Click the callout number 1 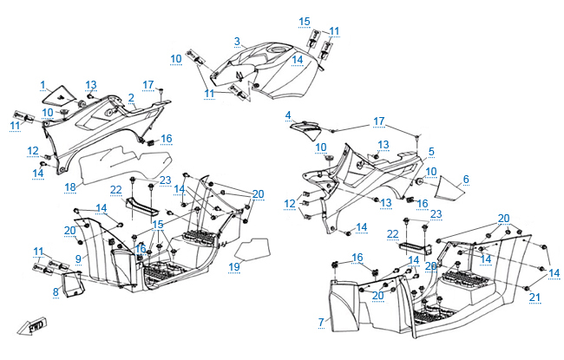[x=42, y=84]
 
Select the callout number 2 [x=131, y=97]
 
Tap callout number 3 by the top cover [x=237, y=41]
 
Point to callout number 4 [x=288, y=115]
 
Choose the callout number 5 [x=431, y=151]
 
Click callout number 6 [x=466, y=179]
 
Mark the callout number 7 [x=321, y=322]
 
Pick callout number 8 [x=56, y=292]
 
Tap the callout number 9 [x=77, y=259]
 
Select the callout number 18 [x=70, y=187]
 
